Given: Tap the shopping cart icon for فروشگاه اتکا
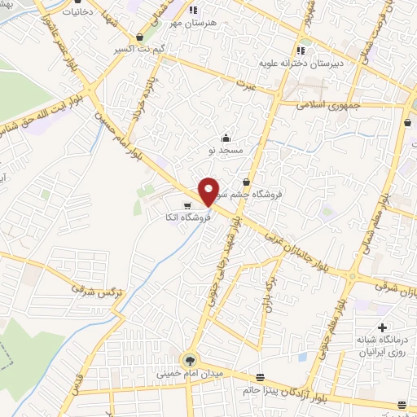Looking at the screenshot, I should (x=188, y=206).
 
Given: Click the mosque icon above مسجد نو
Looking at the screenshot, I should (x=226, y=138).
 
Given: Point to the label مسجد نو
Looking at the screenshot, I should (x=225, y=150).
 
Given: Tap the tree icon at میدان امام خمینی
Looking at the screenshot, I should (x=190, y=359).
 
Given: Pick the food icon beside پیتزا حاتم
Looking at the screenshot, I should (x=260, y=377).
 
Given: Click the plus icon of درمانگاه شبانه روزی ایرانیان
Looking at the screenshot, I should (x=382, y=327).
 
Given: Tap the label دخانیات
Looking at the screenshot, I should (x=65, y=13).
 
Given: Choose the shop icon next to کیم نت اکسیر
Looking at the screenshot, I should (x=142, y=37).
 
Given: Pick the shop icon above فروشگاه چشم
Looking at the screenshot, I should (x=246, y=183).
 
